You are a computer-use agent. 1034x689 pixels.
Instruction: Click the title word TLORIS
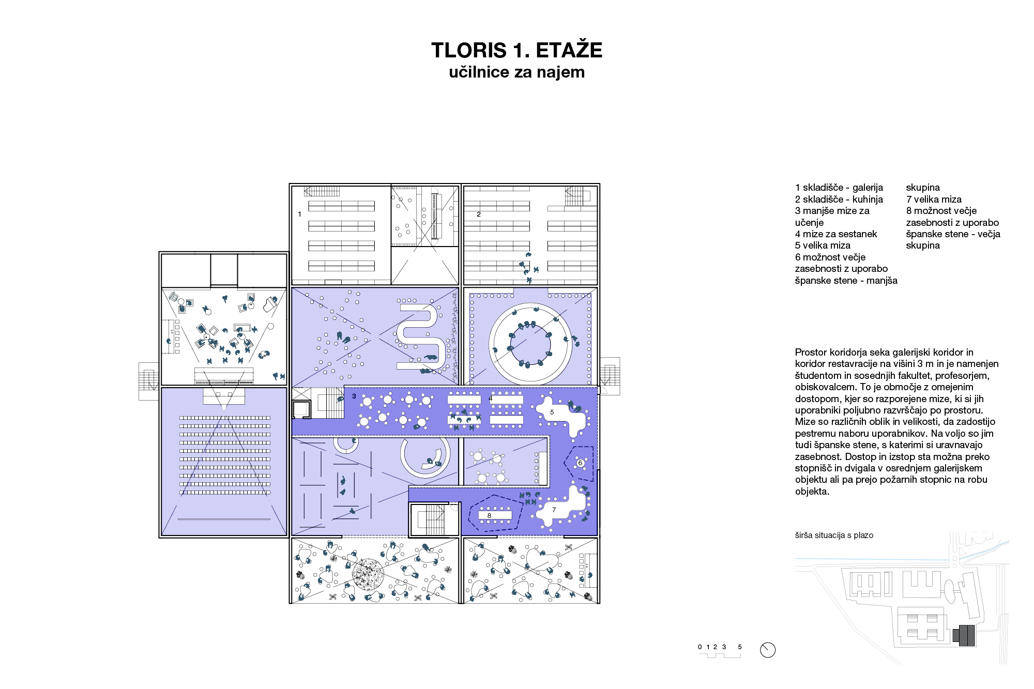(469, 51)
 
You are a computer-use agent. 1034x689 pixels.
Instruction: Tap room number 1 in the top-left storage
(299, 214)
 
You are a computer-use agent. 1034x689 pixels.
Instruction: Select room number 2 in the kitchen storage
(479, 214)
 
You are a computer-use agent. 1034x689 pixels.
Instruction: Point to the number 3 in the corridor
(354, 396)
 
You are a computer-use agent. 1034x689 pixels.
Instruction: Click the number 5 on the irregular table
(552, 412)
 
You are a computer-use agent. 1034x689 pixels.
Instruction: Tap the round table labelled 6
(580, 463)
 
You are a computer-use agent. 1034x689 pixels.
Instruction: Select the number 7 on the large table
(554, 510)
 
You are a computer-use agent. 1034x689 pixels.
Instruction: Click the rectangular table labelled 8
(495, 515)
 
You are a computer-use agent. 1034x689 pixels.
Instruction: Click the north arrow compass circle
(768, 650)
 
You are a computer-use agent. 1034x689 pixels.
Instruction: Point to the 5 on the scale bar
(740, 647)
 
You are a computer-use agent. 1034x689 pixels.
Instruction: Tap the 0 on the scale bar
(700, 647)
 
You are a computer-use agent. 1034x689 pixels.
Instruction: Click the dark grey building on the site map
(964, 635)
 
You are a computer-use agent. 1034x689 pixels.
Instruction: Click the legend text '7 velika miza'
(934, 200)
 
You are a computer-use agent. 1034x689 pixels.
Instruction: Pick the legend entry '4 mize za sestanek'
(836, 234)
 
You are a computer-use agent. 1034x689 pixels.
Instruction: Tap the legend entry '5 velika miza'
(823, 246)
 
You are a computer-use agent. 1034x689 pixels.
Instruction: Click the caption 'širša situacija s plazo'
(834, 535)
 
